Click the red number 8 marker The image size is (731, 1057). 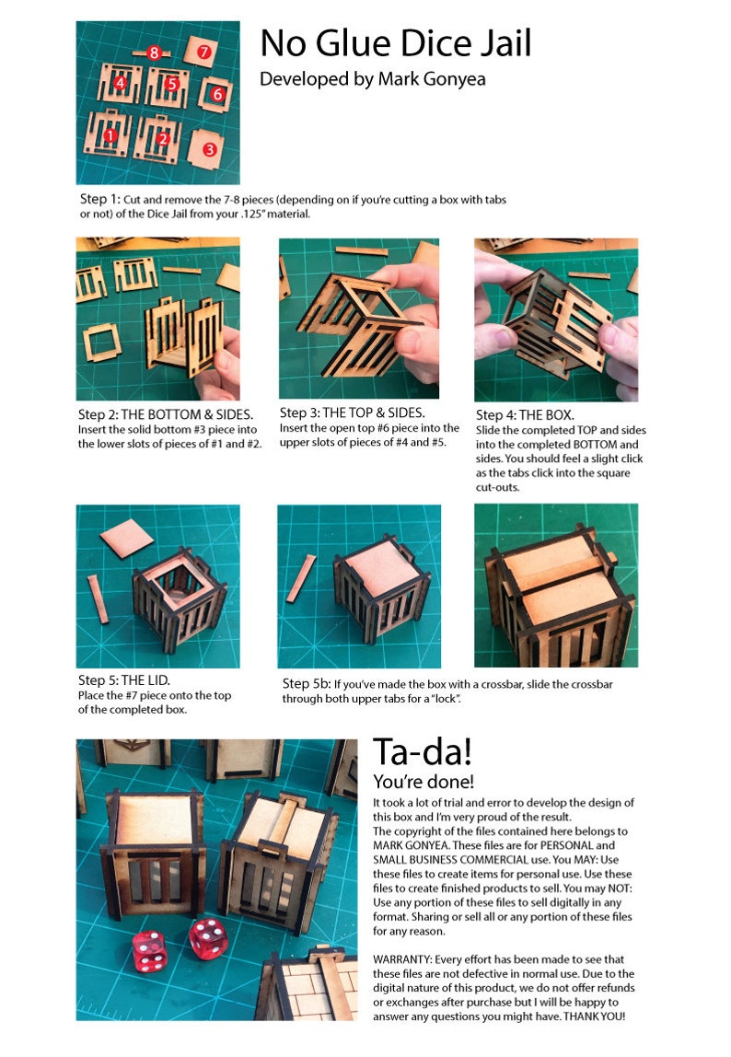coord(155,52)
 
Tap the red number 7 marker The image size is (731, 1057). coord(204,52)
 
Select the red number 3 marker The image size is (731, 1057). coord(210,148)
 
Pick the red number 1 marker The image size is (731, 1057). coord(110,137)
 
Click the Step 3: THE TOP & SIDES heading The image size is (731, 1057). coord(353,412)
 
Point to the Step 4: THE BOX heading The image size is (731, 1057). coord(525,415)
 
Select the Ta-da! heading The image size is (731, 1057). coord(423,752)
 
